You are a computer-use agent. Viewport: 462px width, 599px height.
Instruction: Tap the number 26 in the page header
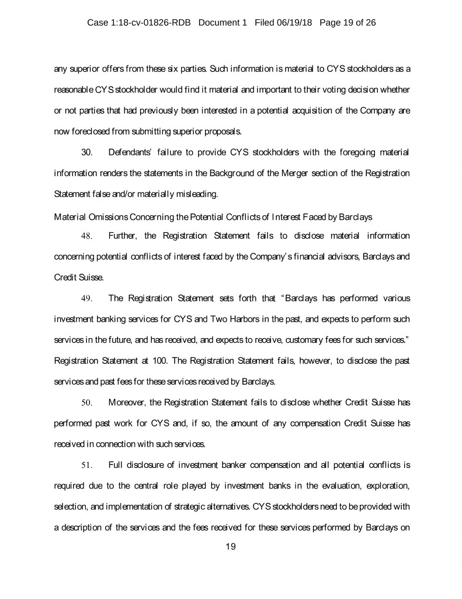[371, 23]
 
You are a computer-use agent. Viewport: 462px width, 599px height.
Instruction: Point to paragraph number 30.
[87, 153]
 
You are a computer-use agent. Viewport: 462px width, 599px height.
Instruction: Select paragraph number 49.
[87, 298]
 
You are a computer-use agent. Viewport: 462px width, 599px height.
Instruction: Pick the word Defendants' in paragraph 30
[131, 153]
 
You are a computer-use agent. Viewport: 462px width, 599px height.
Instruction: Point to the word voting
[324, 90]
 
